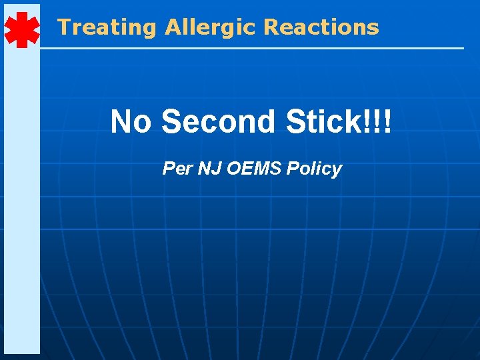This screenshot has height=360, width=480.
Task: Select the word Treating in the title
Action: (x=106, y=27)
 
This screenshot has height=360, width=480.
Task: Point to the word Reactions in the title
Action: (x=321, y=27)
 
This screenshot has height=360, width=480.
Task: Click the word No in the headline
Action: (x=131, y=122)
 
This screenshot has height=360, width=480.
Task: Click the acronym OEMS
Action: (x=254, y=169)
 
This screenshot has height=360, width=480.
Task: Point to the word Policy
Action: (x=313, y=169)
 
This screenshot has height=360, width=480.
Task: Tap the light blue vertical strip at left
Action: (x=21, y=200)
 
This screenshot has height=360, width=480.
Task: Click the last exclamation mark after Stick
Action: (x=388, y=122)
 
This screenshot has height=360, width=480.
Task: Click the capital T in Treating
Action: (x=64, y=27)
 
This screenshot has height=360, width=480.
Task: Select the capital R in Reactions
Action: (x=271, y=27)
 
